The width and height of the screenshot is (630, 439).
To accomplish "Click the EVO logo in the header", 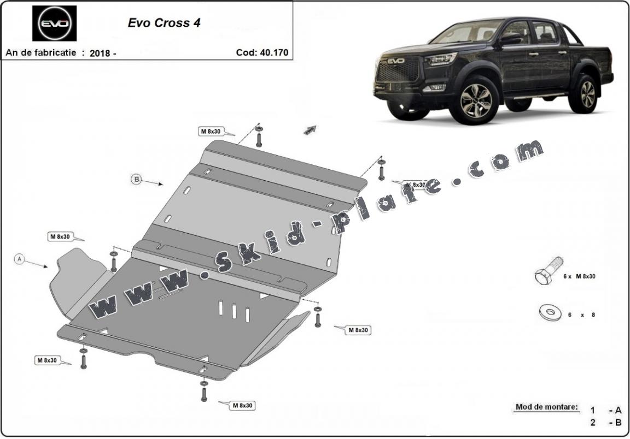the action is click(x=54, y=23).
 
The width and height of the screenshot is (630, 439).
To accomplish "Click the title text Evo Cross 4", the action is click(x=164, y=23).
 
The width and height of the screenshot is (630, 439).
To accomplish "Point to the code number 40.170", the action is click(x=273, y=52).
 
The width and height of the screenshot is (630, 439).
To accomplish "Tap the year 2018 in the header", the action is click(x=100, y=53).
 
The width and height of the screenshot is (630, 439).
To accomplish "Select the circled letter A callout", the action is click(x=19, y=259).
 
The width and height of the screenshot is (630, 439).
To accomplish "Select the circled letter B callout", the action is click(x=137, y=179).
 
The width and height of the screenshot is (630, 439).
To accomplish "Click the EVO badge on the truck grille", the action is click(x=396, y=61).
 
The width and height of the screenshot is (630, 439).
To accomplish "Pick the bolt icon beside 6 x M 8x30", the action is click(x=549, y=271).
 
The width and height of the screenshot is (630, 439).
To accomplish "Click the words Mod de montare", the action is click(x=547, y=407).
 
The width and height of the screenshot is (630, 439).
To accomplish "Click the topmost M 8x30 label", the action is click(x=211, y=131).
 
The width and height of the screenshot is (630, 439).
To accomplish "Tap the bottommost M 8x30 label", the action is click(x=243, y=405).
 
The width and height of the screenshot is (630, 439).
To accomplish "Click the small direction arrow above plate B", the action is click(x=310, y=129).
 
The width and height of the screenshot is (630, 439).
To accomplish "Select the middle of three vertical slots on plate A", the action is click(x=234, y=311).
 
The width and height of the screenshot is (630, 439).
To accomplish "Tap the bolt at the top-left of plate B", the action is click(x=259, y=136).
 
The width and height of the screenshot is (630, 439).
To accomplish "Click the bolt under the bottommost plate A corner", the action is click(x=203, y=389).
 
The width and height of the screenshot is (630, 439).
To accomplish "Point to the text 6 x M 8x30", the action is click(x=579, y=276).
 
